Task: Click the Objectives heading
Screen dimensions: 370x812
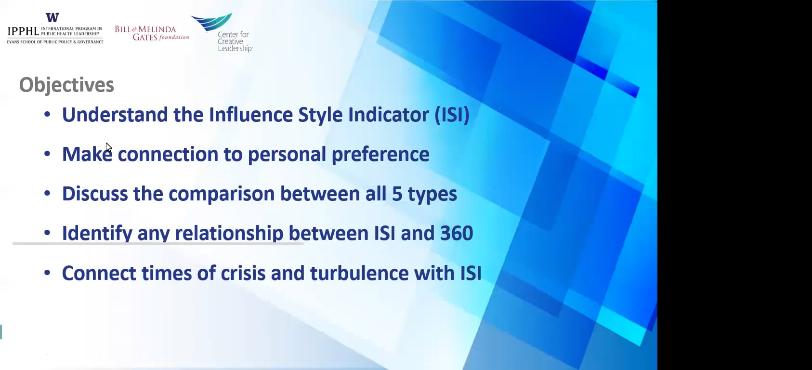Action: click(x=66, y=85)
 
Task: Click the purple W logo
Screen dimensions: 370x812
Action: click(x=52, y=18)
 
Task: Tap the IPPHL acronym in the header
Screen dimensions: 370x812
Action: click(x=23, y=32)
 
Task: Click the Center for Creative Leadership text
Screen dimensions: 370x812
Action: click(x=234, y=41)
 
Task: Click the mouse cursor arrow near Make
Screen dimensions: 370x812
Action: click(x=108, y=147)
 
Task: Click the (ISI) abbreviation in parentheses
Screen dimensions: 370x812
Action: click(x=452, y=115)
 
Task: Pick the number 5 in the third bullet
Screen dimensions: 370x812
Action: click(x=397, y=194)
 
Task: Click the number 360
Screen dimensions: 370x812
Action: click(x=456, y=234)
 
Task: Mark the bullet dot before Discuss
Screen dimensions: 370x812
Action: click(x=47, y=194)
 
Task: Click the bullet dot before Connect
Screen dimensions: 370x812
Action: click(x=47, y=273)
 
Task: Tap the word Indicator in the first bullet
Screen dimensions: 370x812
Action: click(x=388, y=115)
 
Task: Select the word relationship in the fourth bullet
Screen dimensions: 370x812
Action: click(x=229, y=234)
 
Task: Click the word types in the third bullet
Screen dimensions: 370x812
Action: click(x=432, y=194)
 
